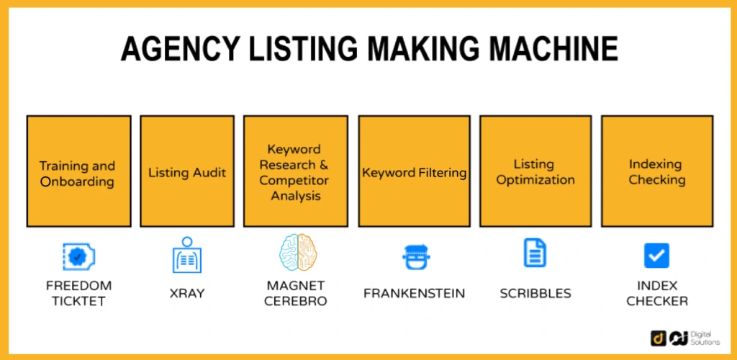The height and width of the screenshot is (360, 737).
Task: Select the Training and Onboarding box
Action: [x=78, y=171]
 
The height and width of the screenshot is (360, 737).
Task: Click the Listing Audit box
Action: [x=187, y=171]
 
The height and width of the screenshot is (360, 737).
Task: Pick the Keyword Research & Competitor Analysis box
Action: [x=295, y=171]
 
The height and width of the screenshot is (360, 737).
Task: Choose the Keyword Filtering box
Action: [x=414, y=171]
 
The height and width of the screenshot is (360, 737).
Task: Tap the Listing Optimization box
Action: [x=535, y=171]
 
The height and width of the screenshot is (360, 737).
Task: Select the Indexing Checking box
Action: [x=656, y=171]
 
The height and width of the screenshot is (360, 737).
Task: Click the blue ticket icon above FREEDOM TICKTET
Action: [x=78, y=256]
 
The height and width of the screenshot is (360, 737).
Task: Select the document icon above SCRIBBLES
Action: [x=535, y=253]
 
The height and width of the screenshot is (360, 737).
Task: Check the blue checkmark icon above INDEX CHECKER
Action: [x=656, y=256]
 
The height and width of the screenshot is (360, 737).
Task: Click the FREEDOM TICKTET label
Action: [x=78, y=292]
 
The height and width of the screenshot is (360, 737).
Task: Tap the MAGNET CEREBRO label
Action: [x=296, y=292]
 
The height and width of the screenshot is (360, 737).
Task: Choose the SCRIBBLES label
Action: [x=535, y=293]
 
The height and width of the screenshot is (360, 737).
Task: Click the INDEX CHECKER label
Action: [x=656, y=293]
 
